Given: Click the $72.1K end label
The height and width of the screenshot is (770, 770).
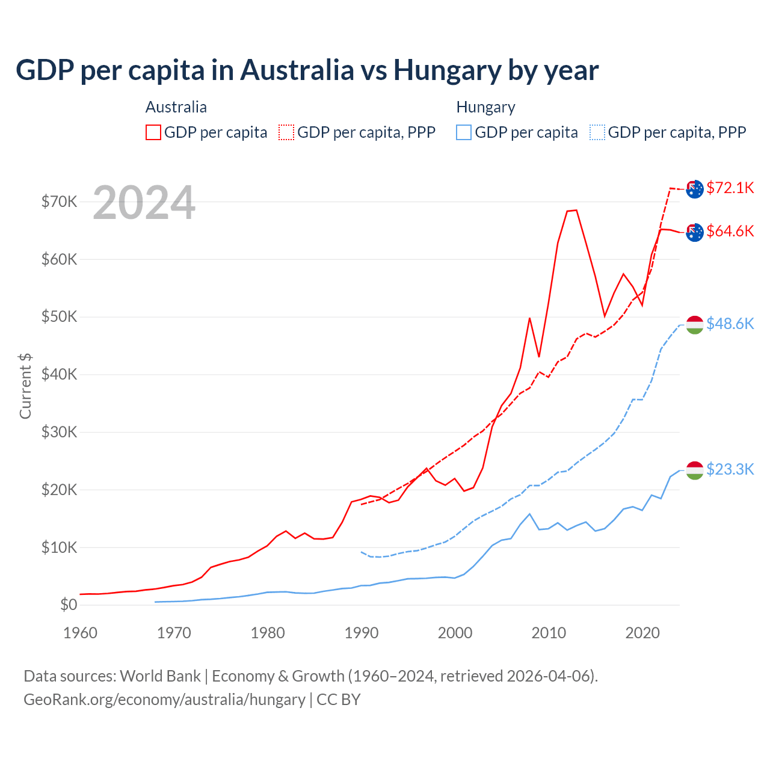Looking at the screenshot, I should (730, 188).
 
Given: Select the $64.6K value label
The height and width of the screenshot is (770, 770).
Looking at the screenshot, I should (730, 231).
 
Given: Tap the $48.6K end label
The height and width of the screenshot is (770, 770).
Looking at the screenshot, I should (730, 324).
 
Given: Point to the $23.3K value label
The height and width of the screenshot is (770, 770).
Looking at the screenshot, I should (730, 469).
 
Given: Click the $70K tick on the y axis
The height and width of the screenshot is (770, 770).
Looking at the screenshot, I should (59, 202).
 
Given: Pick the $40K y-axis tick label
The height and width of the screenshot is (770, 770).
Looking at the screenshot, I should (59, 374).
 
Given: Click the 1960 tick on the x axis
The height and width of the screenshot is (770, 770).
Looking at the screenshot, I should (80, 633).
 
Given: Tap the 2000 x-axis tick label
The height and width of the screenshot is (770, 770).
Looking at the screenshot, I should (455, 633).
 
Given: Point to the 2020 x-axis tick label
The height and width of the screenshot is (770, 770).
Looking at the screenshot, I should (642, 633).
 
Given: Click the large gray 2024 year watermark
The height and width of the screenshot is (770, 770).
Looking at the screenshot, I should (144, 203).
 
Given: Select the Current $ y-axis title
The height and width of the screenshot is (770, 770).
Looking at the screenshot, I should (25, 386).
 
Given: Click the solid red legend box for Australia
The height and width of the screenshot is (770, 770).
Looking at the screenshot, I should (153, 132).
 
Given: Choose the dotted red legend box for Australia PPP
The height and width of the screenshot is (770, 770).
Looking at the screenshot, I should (286, 132).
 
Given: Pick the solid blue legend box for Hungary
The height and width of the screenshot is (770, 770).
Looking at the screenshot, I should (464, 132).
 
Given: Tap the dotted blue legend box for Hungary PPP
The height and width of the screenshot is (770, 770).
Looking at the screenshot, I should (597, 132).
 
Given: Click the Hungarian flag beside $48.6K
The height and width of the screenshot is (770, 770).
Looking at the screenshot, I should (695, 325).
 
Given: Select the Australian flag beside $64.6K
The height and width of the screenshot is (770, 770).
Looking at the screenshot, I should (695, 232).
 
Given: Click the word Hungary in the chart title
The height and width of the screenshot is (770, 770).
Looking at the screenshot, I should (447, 70).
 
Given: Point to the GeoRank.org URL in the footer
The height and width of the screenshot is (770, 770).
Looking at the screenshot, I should (164, 700).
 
